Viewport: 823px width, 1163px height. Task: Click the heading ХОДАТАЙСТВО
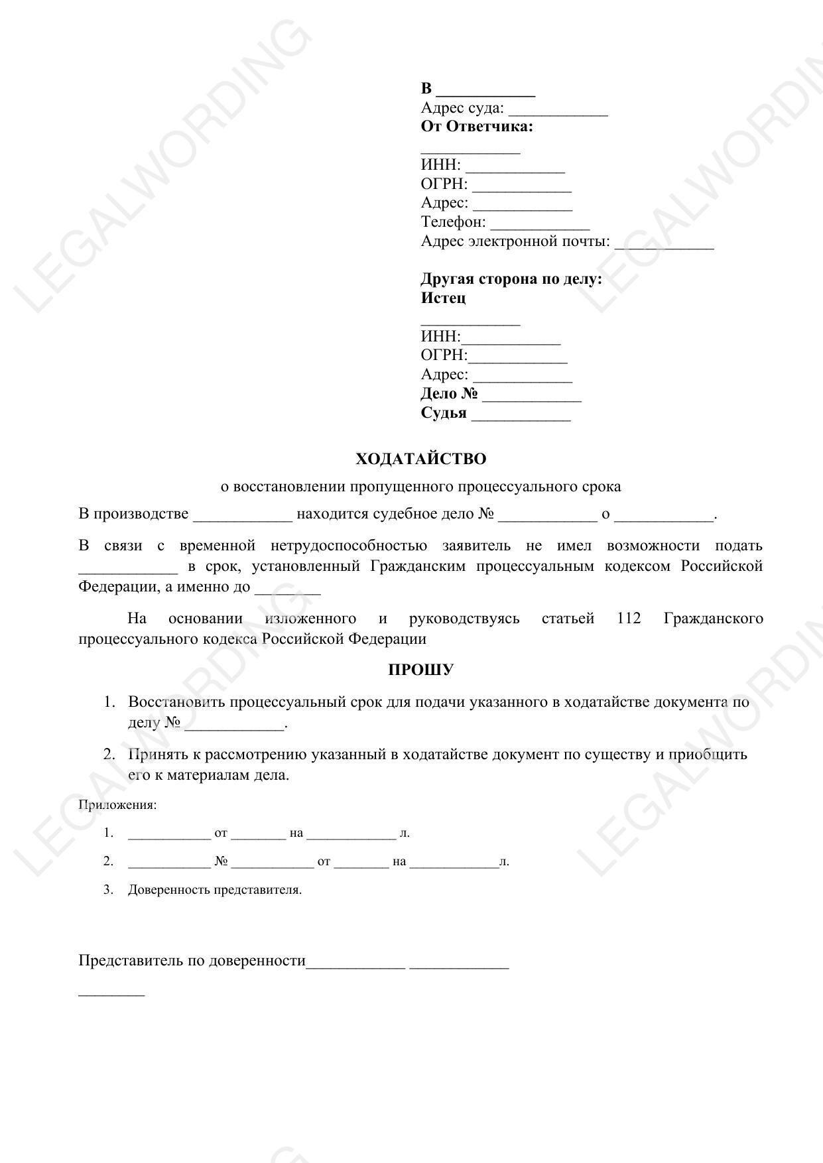pyautogui.click(x=420, y=459)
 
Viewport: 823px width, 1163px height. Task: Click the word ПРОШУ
pyautogui.click(x=420, y=670)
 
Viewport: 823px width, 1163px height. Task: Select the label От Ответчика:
pyautogui.click(x=477, y=127)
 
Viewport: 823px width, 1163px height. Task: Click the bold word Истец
pyautogui.click(x=443, y=298)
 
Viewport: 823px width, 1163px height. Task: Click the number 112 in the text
pyautogui.click(x=629, y=619)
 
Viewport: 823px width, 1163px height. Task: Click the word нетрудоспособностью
pyautogui.click(x=349, y=546)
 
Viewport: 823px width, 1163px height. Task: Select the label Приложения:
pyautogui.click(x=117, y=805)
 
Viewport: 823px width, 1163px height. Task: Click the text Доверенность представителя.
pyautogui.click(x=215, y=890)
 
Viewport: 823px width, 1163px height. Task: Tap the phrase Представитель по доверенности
pyautogui.click(x=192, y=960)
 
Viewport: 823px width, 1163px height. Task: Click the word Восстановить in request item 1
pyautogui.click(x=176, y=702)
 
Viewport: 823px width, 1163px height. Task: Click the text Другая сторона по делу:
pyautogui.click(x=511, y=278)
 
